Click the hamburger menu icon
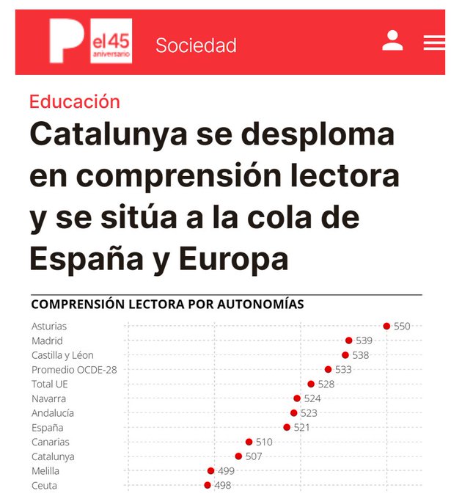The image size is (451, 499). click(433, 43)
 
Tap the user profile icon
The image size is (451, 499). click(392, 41)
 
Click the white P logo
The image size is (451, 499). click(66, 40)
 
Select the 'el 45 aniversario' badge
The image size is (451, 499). click(111, 41)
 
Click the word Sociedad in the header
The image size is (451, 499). click(196, 45)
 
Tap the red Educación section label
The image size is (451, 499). click(74, 101)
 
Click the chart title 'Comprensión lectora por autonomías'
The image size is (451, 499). click(167, 304)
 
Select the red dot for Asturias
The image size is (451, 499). click(386, 326)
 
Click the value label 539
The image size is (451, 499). click(364, 340)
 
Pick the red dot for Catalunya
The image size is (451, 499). click(238, 456)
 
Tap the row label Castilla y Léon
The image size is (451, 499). click(62, 355)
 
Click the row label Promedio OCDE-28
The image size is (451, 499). click(74, 370)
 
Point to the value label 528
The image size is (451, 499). click(326, 384)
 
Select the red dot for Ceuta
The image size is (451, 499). click(208, 485)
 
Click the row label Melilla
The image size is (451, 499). click(45, 471)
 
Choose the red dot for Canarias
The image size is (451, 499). click(249, 442)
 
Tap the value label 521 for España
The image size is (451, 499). click(301, 427)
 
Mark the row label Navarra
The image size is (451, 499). click(48, 398)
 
